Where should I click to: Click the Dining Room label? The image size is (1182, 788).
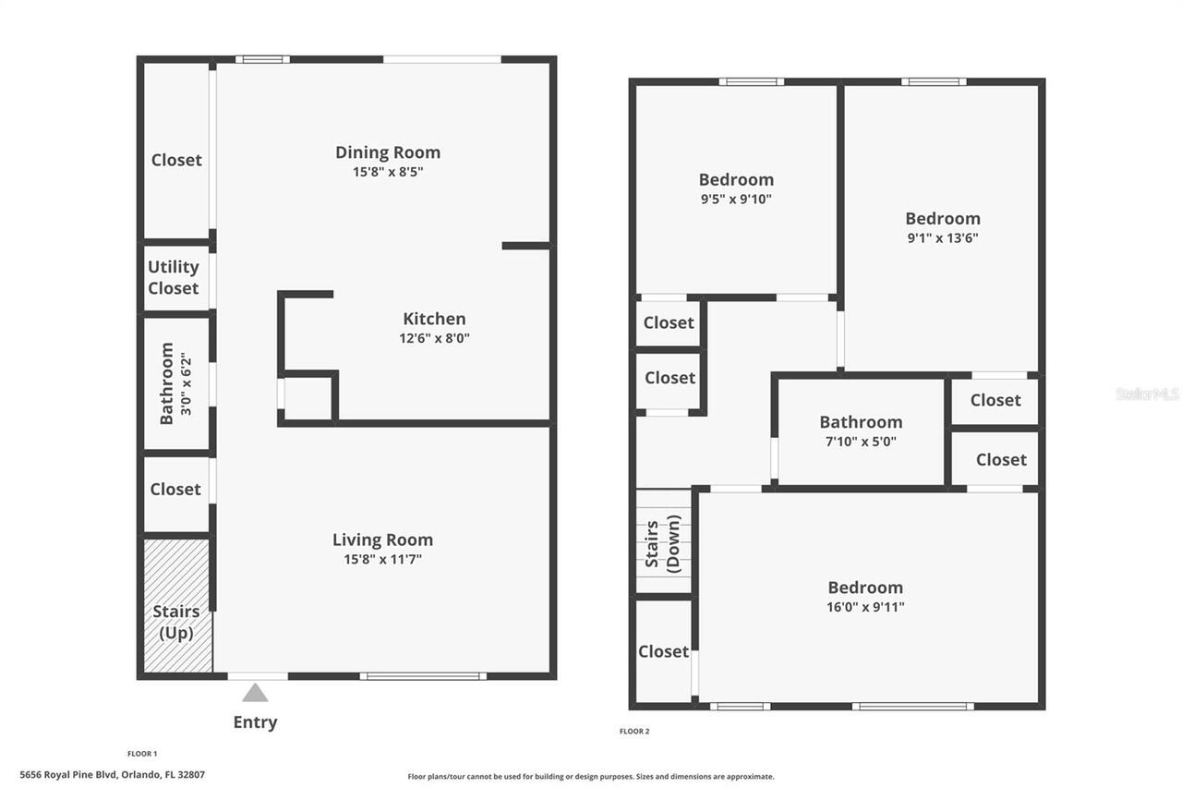pos(387,152)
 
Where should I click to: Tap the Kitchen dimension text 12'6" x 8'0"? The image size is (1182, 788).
pos(434,338)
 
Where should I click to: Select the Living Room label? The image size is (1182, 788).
pos(382,539)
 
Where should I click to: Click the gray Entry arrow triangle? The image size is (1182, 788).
pos(255,693)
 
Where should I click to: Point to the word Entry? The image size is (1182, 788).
pos(255,722)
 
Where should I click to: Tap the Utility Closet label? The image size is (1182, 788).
pos(174,277)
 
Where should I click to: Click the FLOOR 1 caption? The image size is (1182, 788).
pos(142,754)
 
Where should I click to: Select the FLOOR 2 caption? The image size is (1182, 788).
pos(634,732)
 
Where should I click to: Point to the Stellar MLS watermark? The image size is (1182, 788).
pos(1147,394)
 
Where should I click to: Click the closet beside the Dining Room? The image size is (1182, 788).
pos(176,160)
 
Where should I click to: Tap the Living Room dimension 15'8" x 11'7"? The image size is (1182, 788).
pos(382,559)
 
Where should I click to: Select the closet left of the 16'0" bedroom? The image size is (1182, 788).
pos(663,651)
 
